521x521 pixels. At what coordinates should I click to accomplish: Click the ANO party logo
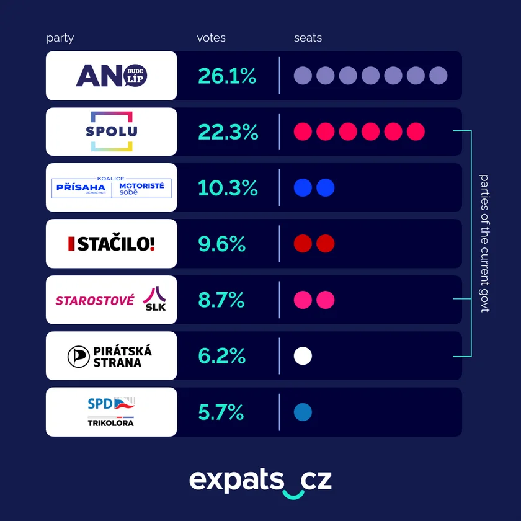[x=111, y=76]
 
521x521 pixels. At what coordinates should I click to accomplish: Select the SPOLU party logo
[x=111, y=131]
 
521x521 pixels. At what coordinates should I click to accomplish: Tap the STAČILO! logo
[x=111, y=244]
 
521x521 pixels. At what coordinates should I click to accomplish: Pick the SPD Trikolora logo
[x=111, y=412]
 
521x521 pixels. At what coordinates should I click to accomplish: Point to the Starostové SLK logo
[x=111, y=300]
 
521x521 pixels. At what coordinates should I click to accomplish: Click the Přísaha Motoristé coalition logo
[x=111, y=187]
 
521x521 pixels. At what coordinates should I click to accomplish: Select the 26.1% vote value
[x=227, y=76]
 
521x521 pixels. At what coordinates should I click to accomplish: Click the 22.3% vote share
[x=228, y=132]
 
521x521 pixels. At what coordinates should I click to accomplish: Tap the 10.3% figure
[x=227, y=188]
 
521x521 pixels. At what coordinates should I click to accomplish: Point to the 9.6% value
[x=221, y=244]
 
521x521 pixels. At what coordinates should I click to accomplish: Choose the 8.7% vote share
[x=221, y=300]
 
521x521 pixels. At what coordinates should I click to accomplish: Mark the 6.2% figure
[x=221, y=356]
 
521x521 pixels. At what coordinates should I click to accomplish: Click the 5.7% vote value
[x=221, y=412]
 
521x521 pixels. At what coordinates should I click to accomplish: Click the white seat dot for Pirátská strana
[x=303, y=356]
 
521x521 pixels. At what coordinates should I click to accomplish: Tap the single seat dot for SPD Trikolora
[x=303, y=412]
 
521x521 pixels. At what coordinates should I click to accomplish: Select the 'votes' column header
[x=211, y=38]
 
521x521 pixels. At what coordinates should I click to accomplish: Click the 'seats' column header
[x=308, y=38]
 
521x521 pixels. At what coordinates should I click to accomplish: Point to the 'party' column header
[x=60, y=38]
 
